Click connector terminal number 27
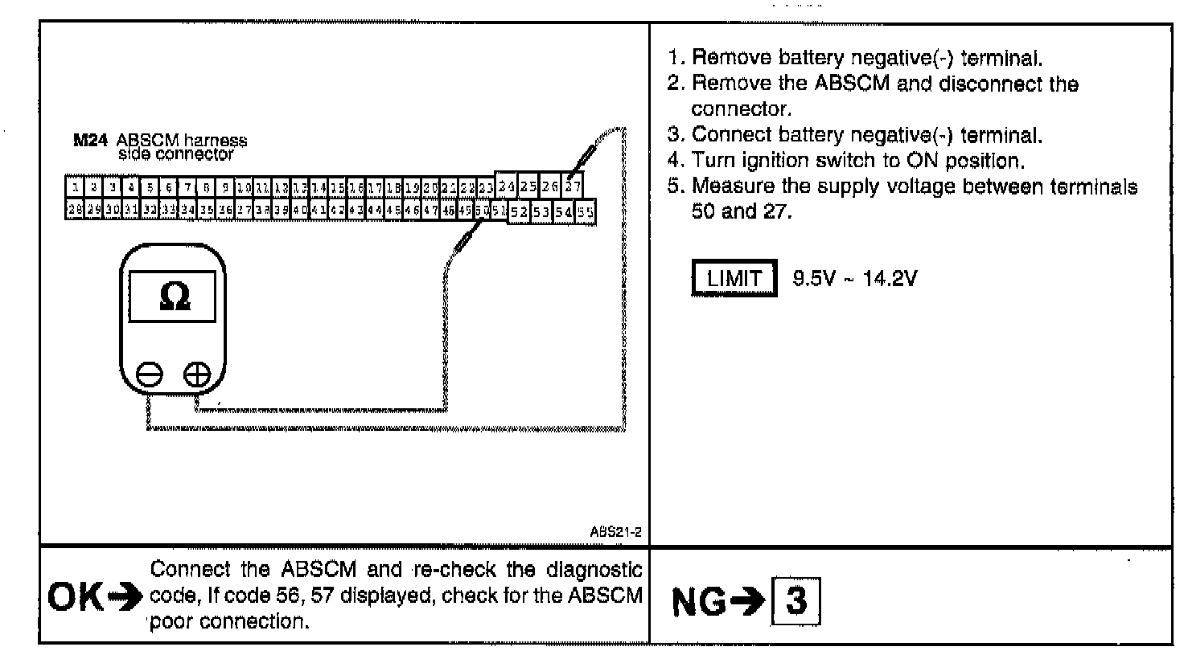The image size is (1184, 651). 573,187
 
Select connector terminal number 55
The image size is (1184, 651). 586,212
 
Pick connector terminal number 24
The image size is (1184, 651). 506,187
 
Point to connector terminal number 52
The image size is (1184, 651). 519,212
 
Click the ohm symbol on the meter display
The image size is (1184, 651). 175,297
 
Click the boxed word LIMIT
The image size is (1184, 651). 734,279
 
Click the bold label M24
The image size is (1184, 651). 87,140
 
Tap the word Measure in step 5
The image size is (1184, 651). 724,186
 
